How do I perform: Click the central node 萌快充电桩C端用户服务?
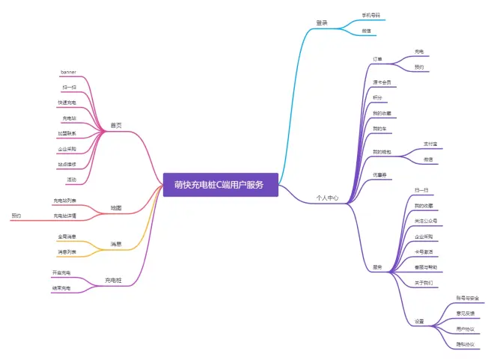tap(220, 185)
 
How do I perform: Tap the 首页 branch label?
tap(116, 125)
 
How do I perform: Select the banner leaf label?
tap(68, 73)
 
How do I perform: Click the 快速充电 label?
tap(67, 103)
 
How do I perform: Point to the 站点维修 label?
tap(67, 164)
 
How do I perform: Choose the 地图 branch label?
tap(116, 207)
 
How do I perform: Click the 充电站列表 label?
tap(64, 201)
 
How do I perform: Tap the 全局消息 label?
tap(67, 237)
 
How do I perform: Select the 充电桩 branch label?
tap(114, 281)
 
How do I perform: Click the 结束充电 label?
tap(61, 288)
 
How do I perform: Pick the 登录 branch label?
tap(322, 23)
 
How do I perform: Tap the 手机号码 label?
tap(372, 16)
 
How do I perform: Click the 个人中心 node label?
tap(327, 198)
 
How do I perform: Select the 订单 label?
tap(378, 58)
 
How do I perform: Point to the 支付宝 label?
tap(430, 143)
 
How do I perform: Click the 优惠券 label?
tap(379, 174)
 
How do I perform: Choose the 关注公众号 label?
tap(426, 221)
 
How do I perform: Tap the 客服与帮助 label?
tap(426, 267)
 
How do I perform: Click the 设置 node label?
tap(419, 322)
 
